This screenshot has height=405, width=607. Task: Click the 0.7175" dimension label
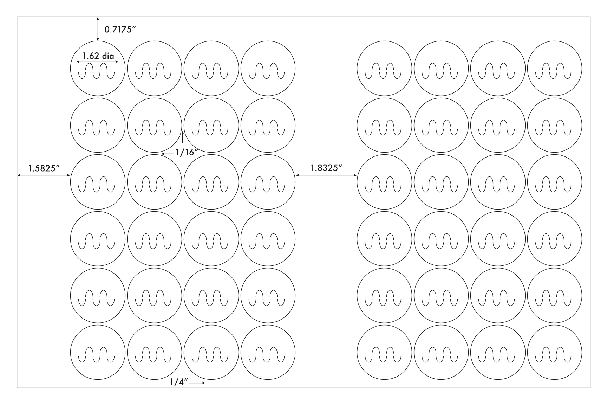tap(120, 29)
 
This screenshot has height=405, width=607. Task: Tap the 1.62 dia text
tap(98, 56)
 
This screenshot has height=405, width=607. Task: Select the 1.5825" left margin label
tap(44, 168)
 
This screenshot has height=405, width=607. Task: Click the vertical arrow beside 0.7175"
tap(98, 29)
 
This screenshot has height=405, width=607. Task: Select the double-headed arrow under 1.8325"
tap(326, 175)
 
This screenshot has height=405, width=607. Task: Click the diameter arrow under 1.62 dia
tap(98, 62)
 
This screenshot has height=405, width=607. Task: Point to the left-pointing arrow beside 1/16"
tap(167, 154)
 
